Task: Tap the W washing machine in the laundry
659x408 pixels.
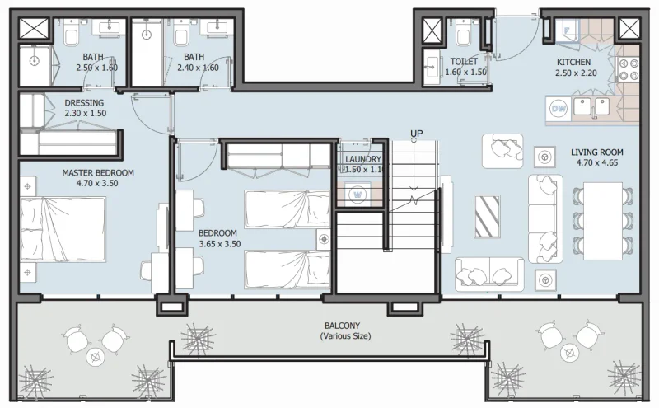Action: coord(358,195)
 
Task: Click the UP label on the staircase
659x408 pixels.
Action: coord(417,134)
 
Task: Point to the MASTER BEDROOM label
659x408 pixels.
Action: coord(98,173)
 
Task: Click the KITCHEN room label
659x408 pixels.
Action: coord(573,62)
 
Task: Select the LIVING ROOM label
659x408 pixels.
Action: coord(597,152)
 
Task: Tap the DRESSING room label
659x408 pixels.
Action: coord(84,103)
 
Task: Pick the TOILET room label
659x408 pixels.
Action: coord(464,62)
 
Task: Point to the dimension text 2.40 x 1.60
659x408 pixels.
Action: coord(198,68)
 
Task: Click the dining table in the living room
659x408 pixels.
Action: coord(602,218)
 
